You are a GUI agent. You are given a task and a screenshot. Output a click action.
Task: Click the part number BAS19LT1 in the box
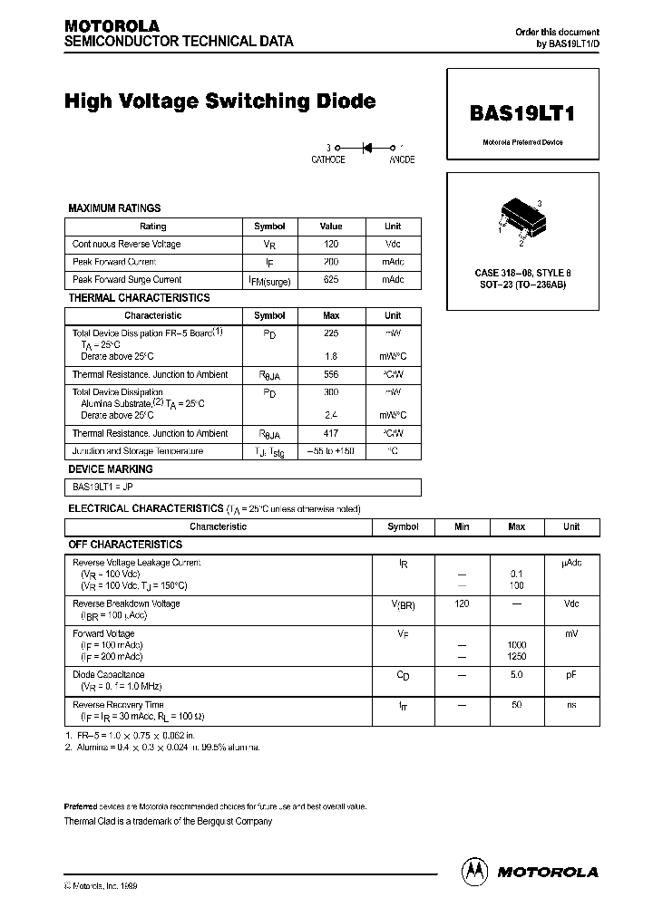coord(522,114)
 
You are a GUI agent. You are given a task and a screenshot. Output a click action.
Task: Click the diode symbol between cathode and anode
coord(366,146)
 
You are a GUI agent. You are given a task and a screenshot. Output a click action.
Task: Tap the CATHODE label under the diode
coord(328,159)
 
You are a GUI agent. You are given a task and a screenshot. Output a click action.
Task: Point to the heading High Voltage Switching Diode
coord(219,101)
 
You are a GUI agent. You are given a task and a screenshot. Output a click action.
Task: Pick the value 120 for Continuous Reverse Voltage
coord(331,244)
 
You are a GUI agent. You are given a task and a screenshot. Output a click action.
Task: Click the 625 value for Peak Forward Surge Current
coord(331,280)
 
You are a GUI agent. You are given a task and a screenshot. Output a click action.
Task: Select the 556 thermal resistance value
coord(331,374)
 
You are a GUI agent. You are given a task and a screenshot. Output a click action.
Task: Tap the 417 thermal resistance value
coord(331,433)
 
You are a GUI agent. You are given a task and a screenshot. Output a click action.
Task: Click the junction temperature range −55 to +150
coord(331,451)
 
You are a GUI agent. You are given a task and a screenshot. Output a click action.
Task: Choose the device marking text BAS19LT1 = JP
coord(102,487)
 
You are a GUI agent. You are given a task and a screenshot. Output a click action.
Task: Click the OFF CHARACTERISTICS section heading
coord(125,545)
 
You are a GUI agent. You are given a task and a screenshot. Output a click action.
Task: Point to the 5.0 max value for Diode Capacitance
coord(517,674)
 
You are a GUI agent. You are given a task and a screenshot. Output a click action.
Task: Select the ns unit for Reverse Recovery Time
coord(571,704)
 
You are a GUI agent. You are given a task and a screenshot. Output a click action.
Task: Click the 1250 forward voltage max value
coord(517,656)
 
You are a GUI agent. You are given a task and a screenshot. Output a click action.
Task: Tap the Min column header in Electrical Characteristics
coord(462,526)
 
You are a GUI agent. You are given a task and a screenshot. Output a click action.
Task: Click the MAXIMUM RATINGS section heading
coord(114,208)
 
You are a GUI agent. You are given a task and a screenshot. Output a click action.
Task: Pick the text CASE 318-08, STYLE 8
coord(522,273)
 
